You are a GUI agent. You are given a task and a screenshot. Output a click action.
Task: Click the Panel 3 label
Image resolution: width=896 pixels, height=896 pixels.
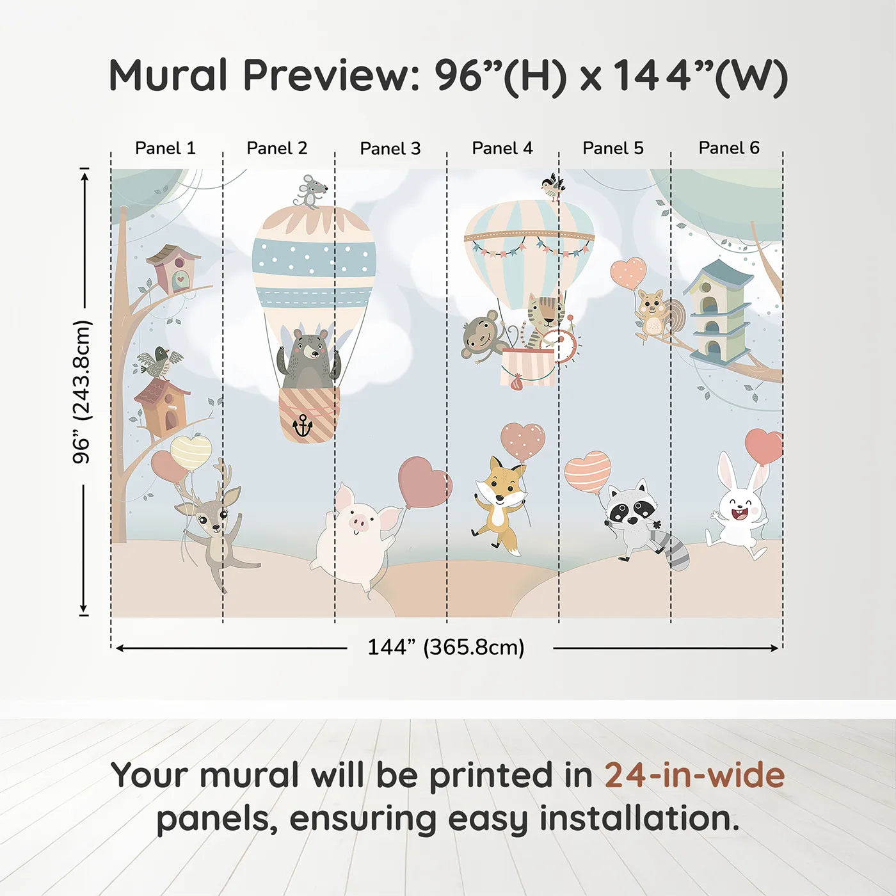coord(390,148)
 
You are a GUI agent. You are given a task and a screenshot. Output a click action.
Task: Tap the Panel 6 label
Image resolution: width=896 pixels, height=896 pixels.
coord(728,148)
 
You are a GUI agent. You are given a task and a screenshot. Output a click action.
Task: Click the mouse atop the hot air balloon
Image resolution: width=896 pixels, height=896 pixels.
coord(311,191)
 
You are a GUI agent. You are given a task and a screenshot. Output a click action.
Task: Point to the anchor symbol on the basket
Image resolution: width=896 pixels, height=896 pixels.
coord(302,426)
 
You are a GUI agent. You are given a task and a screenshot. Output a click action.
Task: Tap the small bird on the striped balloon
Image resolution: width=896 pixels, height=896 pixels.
coord(552,186)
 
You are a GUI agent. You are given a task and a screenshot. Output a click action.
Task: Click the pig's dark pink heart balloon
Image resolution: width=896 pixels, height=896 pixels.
coord(424,481)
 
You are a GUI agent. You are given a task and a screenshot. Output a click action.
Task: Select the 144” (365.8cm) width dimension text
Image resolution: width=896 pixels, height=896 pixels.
coord(446,647)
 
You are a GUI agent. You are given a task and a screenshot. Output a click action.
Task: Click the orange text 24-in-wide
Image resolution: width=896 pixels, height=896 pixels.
coord(694,776)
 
